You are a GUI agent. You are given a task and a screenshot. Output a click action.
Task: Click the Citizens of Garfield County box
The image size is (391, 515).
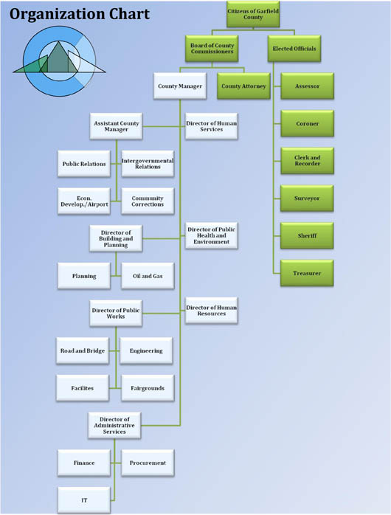pyautogui.click(x=253, y=14)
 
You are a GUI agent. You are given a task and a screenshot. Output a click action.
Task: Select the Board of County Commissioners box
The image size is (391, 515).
pyautogui.click(x=212, y=49)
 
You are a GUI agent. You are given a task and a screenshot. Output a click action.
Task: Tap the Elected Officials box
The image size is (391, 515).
pyautogui.click(x=294, y=49)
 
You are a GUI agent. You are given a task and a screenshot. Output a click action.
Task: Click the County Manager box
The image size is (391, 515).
pyautogui.click(x=180, y=86)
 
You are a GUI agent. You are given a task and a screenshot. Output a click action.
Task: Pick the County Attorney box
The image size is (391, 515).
pyautogui.click(x=243, y=86)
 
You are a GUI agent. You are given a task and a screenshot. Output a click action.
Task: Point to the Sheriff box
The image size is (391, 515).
pyautogui.click(x=307, y=235)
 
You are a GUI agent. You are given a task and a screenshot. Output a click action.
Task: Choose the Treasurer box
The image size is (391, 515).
pyautogui.click(x=307, y=273)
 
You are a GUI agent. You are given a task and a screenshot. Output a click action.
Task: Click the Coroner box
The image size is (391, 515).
pyautogui.click(x=308, y=123)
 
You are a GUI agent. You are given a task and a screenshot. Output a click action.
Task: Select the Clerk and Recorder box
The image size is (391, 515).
pyautogui.click(x=308, y=161)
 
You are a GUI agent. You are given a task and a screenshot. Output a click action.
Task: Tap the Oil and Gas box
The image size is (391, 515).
pyautogui.click(x=148, y=276)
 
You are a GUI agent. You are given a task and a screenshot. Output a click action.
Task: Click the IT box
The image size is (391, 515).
pyautogui.click(x=84, y=500)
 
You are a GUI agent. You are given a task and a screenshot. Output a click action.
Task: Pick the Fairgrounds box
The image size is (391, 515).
pyautogui.click(x=148, y=388)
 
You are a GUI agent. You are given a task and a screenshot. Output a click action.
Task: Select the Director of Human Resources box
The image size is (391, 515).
pyautogui.click(x=212, y=311)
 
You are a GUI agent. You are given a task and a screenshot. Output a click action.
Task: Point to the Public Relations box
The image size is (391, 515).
pyautogui.click(x=84, y=164)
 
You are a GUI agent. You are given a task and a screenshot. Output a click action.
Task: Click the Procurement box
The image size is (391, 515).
pyautogui.click(x=148, y=463)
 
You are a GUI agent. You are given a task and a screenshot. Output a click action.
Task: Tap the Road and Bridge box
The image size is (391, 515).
pyautogui.click(x=83, y=350)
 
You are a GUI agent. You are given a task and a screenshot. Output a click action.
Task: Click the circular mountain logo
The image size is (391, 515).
pyautogui.click(x=60, y=61)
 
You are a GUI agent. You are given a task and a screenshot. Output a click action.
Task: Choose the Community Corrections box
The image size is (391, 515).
pyautogui.click(x=148, y=201)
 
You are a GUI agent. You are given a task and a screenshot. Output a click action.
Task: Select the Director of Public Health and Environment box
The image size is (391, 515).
pyautogui.click(x=212, y=235)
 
